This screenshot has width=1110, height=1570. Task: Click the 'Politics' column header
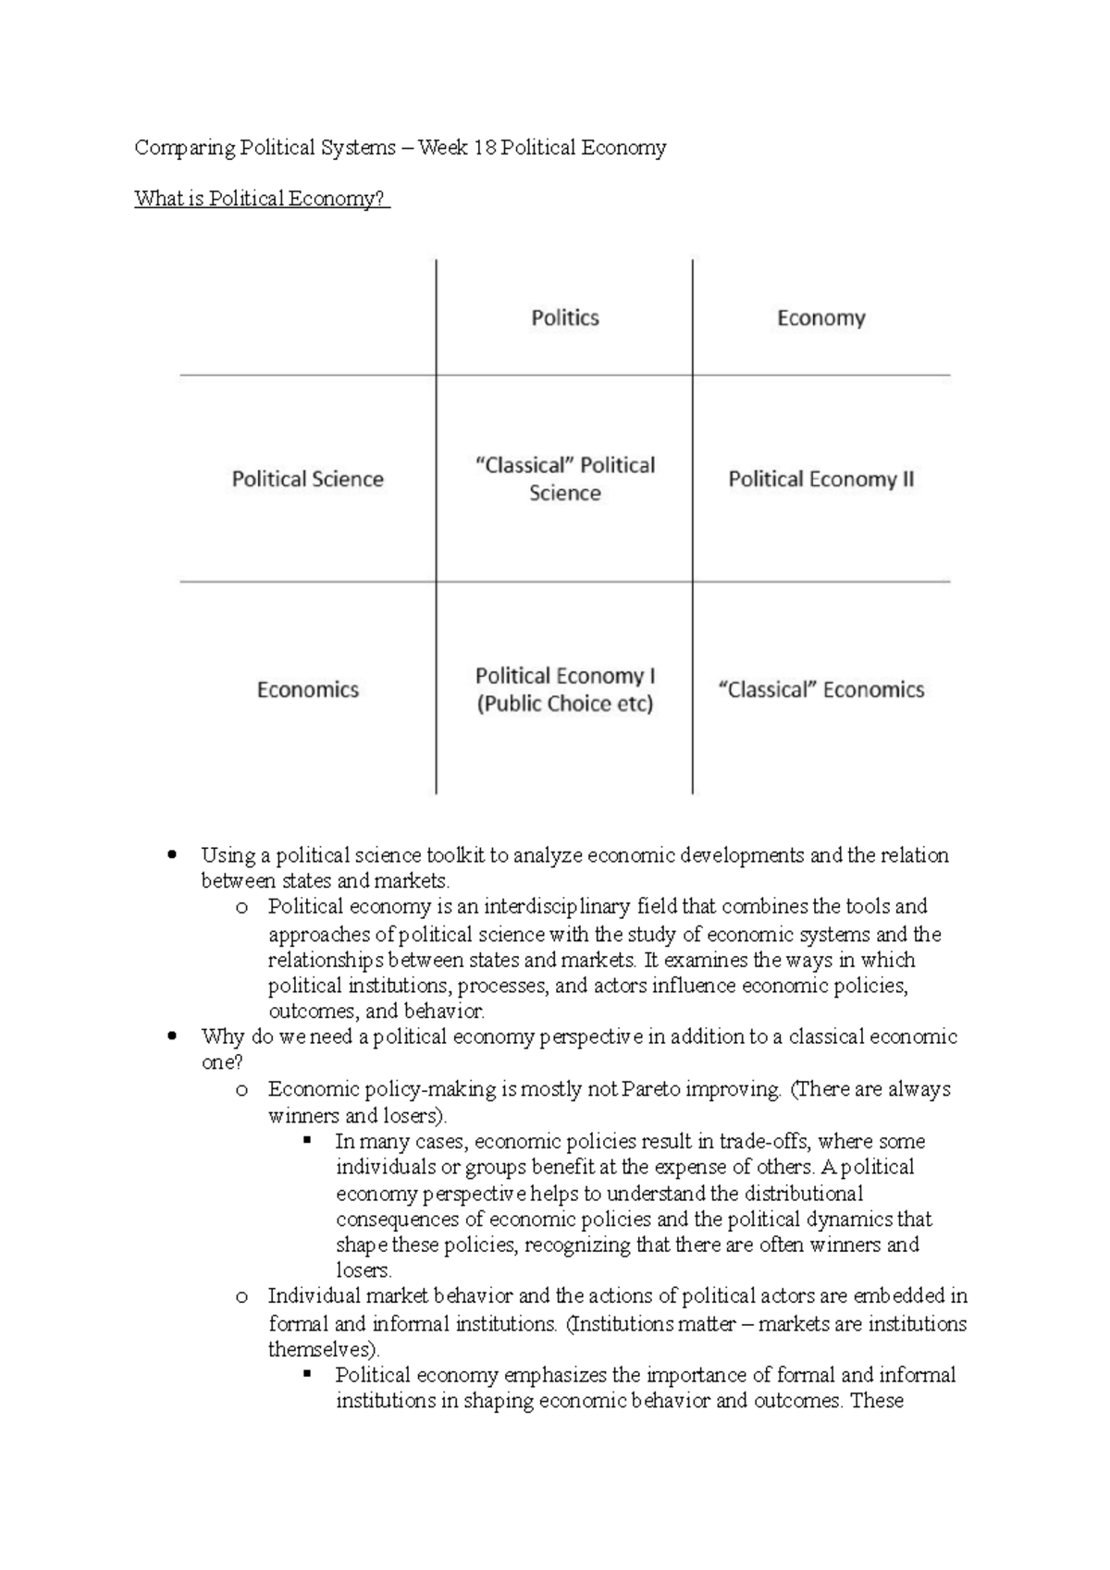pyautogui.click(x=564, y=318)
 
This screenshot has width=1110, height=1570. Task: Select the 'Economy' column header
pyautogui.click(x=820, y=318)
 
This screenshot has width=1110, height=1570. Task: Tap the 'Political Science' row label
pyautogui.click(x=307, y=479)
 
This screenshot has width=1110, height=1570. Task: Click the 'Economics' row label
pyautogui.click(x=307, y=690)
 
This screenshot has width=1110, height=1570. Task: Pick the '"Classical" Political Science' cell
pyautogui.click(x=564, y=479)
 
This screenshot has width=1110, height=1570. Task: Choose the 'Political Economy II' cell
pyautogui.click(x=820, y=479)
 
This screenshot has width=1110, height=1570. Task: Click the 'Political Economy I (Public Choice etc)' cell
pyautogui.click(x=564, y=690)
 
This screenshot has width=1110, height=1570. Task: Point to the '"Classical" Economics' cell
pyautogui.click(x=820, y=690)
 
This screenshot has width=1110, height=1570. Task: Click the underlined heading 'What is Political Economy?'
pyautogui.click(x=261, y=199)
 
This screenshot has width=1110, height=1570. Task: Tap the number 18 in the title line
pyautogui.click(x=484, y=148)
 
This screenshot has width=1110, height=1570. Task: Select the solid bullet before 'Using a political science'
pyautogui.click(x=171, y=855)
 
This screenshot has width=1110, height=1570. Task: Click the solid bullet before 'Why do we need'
pyautogui.click(x=171, y=1037)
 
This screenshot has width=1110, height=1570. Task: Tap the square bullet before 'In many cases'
pyautogui.click(x=307, y=1140)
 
